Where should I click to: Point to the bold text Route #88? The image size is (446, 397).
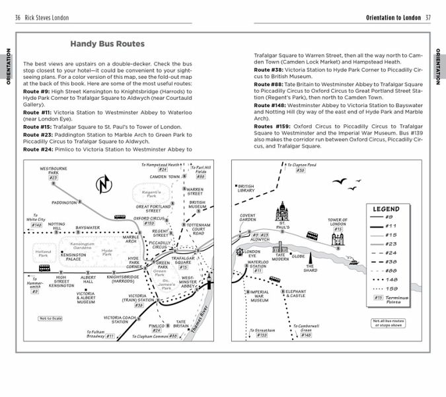(x=271, y=85)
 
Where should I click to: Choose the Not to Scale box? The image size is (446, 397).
(x=51, y=318)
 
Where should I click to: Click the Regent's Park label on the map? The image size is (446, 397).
(x=153, y=193)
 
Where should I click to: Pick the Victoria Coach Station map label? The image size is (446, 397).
(x=124, y=320)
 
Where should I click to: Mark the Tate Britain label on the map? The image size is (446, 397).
(x=180, y=324)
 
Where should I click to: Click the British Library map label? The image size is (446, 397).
(x=246, y=189)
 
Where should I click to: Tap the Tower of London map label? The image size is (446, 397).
(x=338, y=223)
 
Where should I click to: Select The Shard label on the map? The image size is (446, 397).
(x=311, y=267)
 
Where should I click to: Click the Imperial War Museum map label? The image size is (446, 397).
(x=258, y=296)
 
